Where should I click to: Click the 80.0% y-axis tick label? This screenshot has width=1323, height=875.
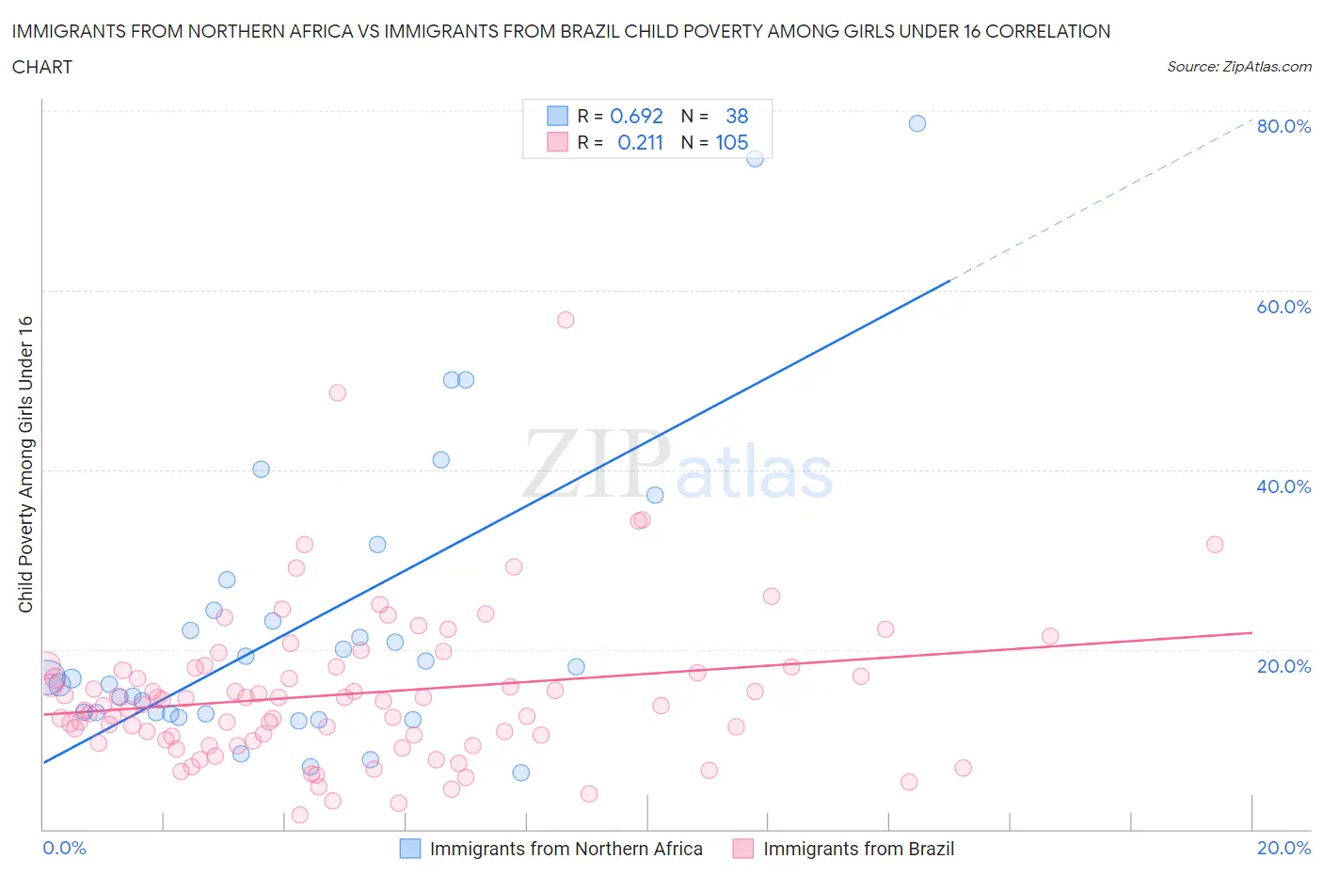point(1283,126)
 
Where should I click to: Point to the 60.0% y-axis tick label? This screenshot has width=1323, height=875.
point(1283,307)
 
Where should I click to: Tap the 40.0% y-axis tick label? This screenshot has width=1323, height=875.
point(1283,486)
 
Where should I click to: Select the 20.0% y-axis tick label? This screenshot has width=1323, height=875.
point(1283,666)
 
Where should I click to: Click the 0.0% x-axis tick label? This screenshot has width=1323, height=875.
point(64,848)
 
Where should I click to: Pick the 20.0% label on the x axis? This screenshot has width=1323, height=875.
point(1283,848)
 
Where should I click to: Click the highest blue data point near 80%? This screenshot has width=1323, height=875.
point(917,123)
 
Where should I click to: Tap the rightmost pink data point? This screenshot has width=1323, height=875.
point(1215,544)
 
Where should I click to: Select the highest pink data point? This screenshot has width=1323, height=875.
point(566,320)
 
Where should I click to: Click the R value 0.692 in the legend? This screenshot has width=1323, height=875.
point(636,116)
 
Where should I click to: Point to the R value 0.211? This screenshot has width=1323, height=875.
point(640,142)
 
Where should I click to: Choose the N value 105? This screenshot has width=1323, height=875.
point(731,142)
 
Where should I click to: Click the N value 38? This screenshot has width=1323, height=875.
point(737,116)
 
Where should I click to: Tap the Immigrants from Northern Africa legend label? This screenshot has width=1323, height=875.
point(566,849)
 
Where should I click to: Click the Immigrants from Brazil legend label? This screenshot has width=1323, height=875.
point(858,849)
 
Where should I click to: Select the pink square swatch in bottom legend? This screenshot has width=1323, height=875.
point(743,849)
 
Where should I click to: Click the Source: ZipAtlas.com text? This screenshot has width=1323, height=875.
point(1238,66)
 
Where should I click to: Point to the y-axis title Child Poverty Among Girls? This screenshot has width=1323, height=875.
point(25,464)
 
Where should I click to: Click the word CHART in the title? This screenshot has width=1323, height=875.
point(42,67)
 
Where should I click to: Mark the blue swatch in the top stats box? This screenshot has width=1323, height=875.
point(557,116)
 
